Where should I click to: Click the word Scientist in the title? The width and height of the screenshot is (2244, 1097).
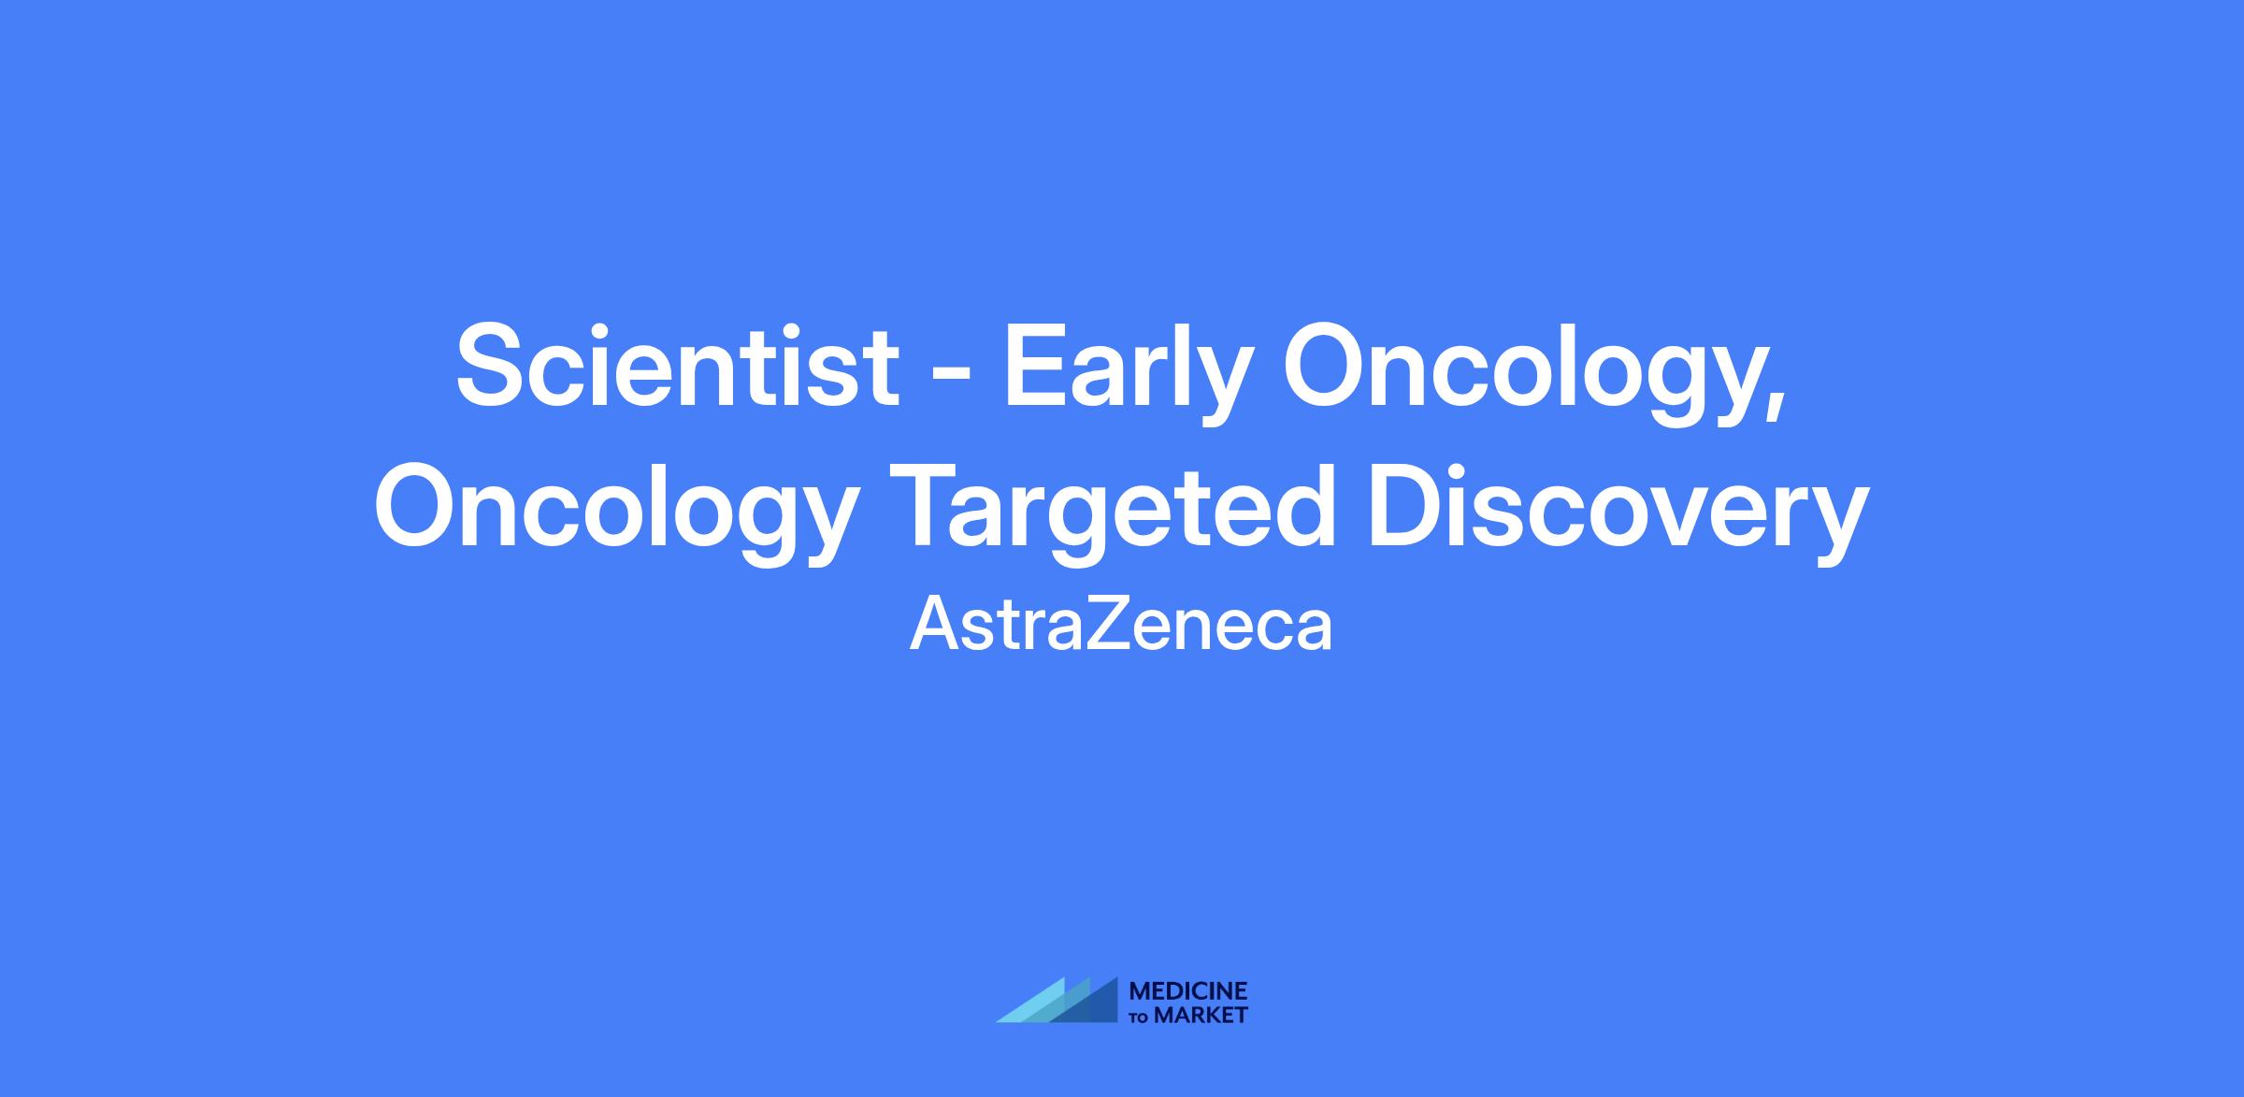click(678, 366)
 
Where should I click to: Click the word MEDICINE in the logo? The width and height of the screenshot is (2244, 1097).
click(1188, 990)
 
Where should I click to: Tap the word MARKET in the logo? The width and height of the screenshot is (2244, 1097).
click(1201, 1015)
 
